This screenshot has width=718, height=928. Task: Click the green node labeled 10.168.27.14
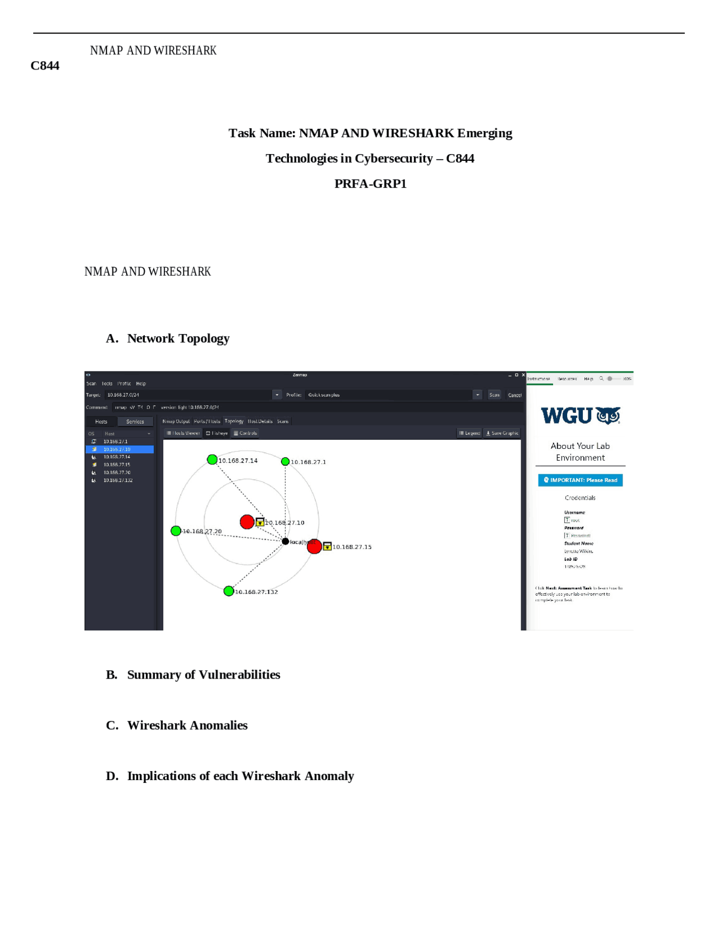(212, 460)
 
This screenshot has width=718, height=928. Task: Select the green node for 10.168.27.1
(285, 461)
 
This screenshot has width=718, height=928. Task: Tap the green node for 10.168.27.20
(176, 530)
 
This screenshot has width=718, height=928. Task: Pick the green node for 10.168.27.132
(228, 591)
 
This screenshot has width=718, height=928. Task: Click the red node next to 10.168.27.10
(247, 522)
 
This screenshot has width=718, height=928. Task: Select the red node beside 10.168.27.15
(314, 546)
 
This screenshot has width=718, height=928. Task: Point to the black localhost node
(285, 541)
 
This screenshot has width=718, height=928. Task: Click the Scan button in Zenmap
(494, 395)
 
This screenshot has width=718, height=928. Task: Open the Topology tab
(234, 421)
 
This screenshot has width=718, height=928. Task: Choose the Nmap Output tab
(176, 421)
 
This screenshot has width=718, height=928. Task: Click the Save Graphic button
(502, 433)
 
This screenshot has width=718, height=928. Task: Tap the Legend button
(469, 433)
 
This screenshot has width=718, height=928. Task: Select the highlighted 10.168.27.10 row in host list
(119, 449)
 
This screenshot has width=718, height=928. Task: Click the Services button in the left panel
(135, 421)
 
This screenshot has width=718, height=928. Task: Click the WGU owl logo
(608, 415)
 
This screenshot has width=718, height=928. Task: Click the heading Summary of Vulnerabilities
(203, 674)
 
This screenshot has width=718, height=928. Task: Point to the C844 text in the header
(45, 66)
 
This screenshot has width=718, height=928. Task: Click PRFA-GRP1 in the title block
(370, 183)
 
